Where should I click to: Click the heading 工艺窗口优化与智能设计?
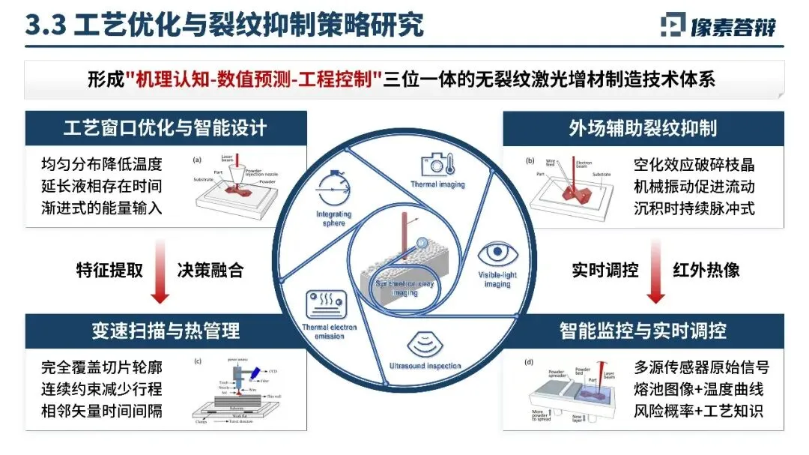click(165, 127)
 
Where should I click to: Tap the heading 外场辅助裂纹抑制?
click(643, 127)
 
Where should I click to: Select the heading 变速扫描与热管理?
click(165, 330)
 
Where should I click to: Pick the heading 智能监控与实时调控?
click(643, 330)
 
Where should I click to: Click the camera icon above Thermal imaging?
click(437, 165)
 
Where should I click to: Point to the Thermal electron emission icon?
click(324, 304)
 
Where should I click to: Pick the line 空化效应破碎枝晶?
click(694, 164)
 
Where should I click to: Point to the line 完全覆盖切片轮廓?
click(101, 367)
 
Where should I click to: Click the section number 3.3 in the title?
click(45, 24)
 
